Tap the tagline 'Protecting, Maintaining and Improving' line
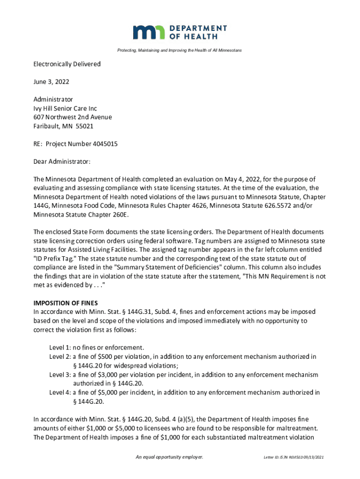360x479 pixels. pos(180,50)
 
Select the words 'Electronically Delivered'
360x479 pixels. pos(67,64)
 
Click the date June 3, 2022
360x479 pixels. pos(51,82)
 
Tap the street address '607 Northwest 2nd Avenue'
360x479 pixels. pos(72,117)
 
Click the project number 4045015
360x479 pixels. pos(102,144)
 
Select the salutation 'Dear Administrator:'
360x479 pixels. pos(62,162)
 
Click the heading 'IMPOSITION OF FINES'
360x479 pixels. pos(65,303)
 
